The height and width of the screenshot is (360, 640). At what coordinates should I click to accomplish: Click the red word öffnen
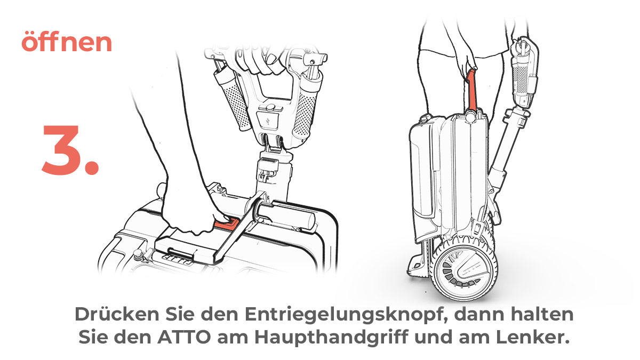tap(67, 42)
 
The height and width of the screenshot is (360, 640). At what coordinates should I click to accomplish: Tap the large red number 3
tap(70, 150)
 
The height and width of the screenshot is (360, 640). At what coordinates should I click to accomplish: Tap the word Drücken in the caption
tap(117, 314)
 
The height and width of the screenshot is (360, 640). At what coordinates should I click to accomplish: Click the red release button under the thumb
tap(227, 223)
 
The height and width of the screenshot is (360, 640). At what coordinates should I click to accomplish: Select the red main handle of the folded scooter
tap(471, 90)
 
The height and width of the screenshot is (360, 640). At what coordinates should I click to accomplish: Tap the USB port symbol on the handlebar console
tap(268, 121)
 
